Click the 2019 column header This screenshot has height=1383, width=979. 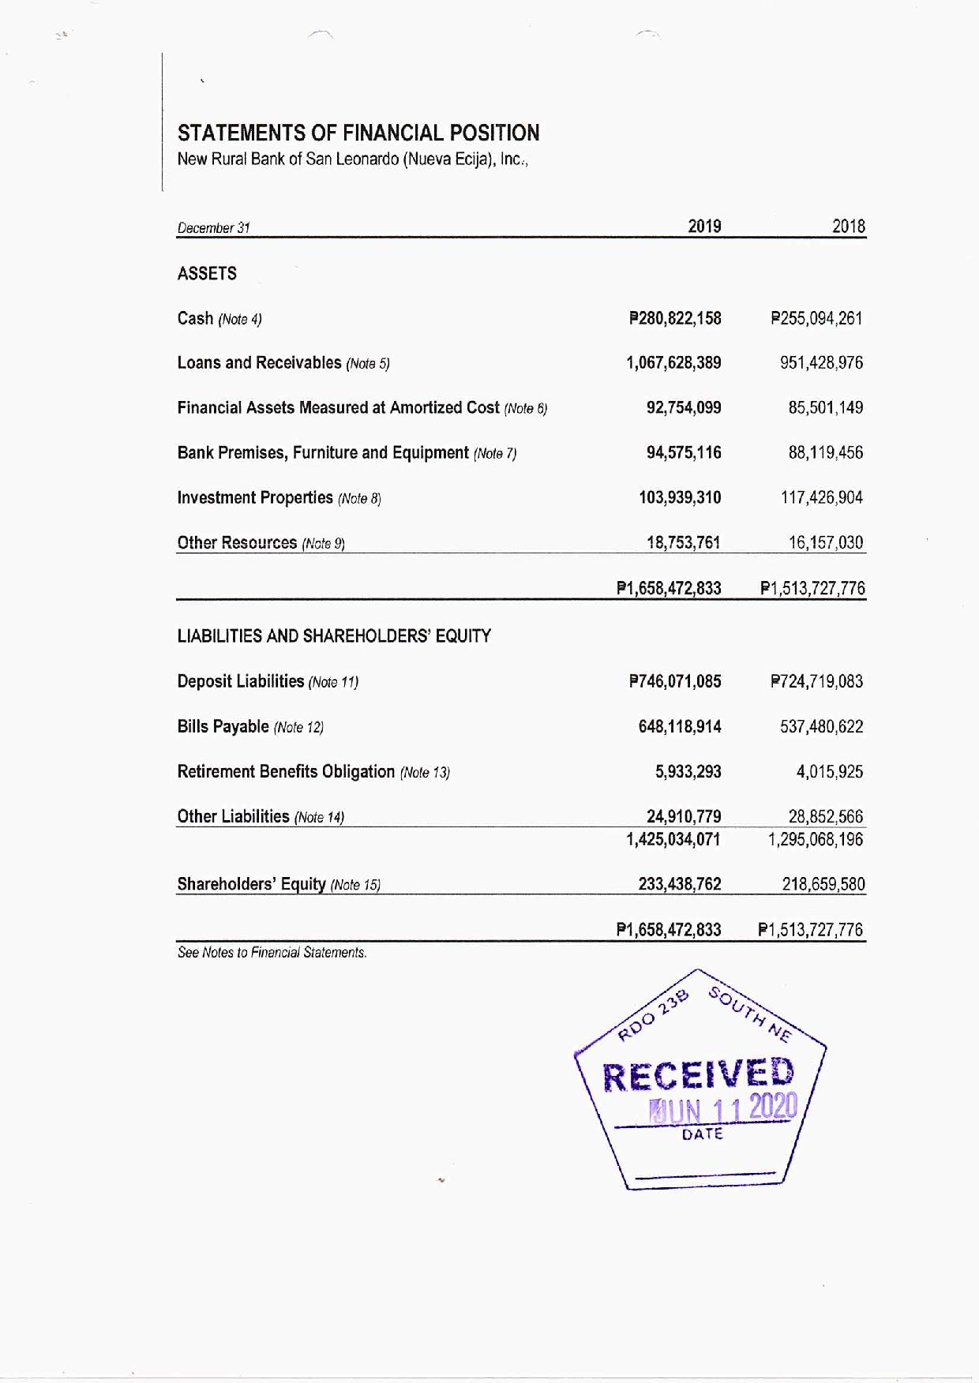(x=704, y=227)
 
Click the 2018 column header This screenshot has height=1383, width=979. (x=849, y=227)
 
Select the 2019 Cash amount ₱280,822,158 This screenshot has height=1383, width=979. (x=675, y=318)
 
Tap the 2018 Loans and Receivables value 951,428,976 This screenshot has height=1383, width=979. (x=821, y=363)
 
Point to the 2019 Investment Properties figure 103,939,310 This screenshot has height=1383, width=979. (x=680, y=497)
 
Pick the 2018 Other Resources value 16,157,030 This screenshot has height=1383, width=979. (x=826, y=542)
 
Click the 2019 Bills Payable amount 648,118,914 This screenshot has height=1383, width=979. (x=680, y=726)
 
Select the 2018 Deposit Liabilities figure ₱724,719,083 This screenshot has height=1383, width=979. (x=816, y=681)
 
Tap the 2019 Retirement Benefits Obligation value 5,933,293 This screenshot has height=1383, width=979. (x=688, y=771)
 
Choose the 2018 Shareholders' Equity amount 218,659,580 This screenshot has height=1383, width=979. (x=823, y=884)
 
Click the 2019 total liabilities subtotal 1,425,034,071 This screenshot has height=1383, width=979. (x=673, y=839)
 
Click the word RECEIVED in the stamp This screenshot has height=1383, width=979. (x=699, y=1075)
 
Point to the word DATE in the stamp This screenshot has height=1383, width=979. (x=703, y=1134)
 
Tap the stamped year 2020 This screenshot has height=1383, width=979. (x=773, y=1108)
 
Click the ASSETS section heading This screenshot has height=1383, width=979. (x=207, y=273)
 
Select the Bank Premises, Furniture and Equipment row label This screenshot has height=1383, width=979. (x=323, y=453)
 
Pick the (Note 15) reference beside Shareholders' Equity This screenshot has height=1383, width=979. (x=355, y=885)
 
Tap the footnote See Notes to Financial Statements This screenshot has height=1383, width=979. (x=272, y=953)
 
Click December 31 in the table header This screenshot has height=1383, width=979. (x=213, y=228)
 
